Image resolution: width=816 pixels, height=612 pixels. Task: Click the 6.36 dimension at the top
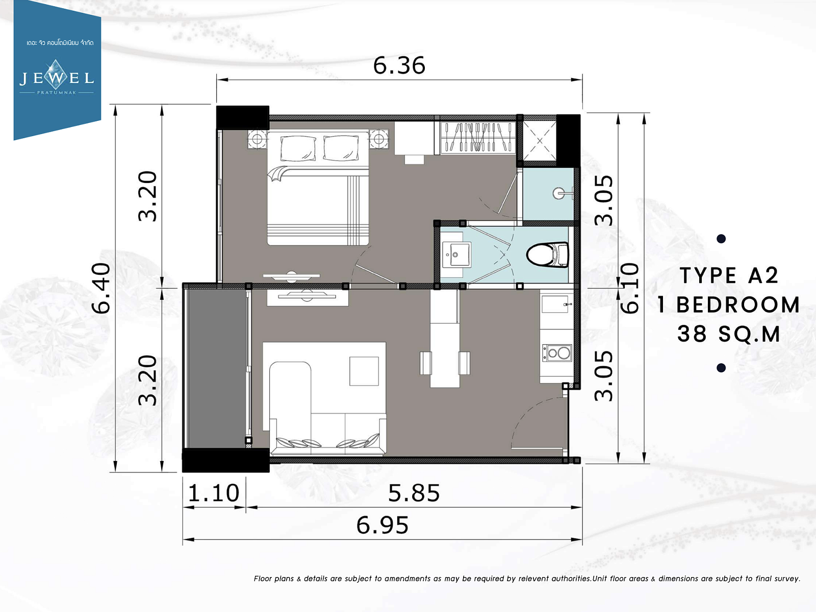tap(399, 66)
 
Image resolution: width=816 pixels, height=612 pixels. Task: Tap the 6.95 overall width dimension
tap(382, 525)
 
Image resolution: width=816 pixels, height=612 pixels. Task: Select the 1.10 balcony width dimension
tap(214, 493)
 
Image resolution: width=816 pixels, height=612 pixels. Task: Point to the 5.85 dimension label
tap(414, 493)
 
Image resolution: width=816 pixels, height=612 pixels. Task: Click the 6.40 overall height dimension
tap(101, 288)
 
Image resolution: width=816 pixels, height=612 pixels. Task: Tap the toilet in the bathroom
tap(548, 254)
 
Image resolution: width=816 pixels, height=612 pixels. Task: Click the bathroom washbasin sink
tap(456, 254)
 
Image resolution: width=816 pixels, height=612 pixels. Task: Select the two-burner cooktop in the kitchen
tap(557, 353)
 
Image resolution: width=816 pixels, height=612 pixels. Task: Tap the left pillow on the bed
tap(298, 148)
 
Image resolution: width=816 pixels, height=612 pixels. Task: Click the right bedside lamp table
tap(379, 139)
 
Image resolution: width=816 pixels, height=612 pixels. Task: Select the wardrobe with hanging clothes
tap(478, 137)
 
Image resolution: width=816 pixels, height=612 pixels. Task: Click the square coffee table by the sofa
tap(364, 371)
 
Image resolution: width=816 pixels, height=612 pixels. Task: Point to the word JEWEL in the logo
tap(57, 78)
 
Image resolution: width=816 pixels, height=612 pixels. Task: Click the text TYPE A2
tap(729, 276)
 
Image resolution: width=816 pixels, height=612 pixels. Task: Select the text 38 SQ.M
tap(729, 334)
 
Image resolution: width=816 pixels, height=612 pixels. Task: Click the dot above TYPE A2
tap(721, 239)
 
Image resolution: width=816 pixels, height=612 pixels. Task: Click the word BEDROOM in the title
tap(738, 304)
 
